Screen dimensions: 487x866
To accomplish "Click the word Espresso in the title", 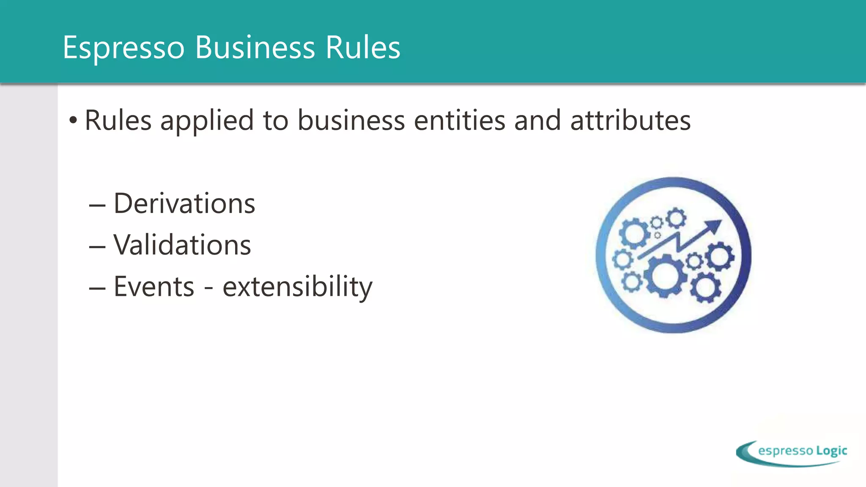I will pos(123,47).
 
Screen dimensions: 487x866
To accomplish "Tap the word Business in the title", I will pos(255,47).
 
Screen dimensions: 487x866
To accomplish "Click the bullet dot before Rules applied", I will pos(74,120).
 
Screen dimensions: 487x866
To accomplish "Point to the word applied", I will pos(207,121).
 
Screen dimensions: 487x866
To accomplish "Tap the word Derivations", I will pos(184,204).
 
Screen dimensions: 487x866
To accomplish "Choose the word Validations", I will pos(182,245).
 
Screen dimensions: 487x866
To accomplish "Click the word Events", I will pos(154,287).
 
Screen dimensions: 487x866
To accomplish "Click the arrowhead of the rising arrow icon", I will pos(714,226).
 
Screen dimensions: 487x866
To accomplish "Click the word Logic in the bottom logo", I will pos(831,451).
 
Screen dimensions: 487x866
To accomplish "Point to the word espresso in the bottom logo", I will pos(786,451).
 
